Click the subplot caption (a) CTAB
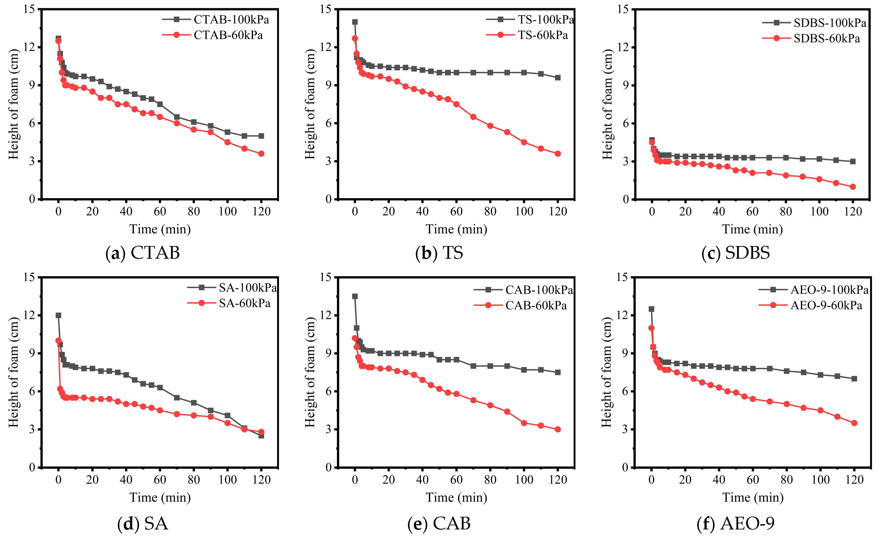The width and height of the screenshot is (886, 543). (x=143, y=253)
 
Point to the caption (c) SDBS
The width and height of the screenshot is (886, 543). (x=735, y=253)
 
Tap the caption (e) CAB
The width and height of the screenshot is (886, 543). (x=439, y=524)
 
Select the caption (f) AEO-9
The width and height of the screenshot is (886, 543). (x=735, y=524)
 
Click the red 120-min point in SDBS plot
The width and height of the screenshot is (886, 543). (x=852, y=187)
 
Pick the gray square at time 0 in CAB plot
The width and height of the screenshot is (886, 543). (x=355, y=296)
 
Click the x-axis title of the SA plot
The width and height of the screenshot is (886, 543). (x=160, y=498)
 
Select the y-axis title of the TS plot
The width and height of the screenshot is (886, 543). (x=310, y=104)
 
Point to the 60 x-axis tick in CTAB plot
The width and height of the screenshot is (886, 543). (x=160, y=211)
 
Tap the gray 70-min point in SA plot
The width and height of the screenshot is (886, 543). (x=176, y=398)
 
